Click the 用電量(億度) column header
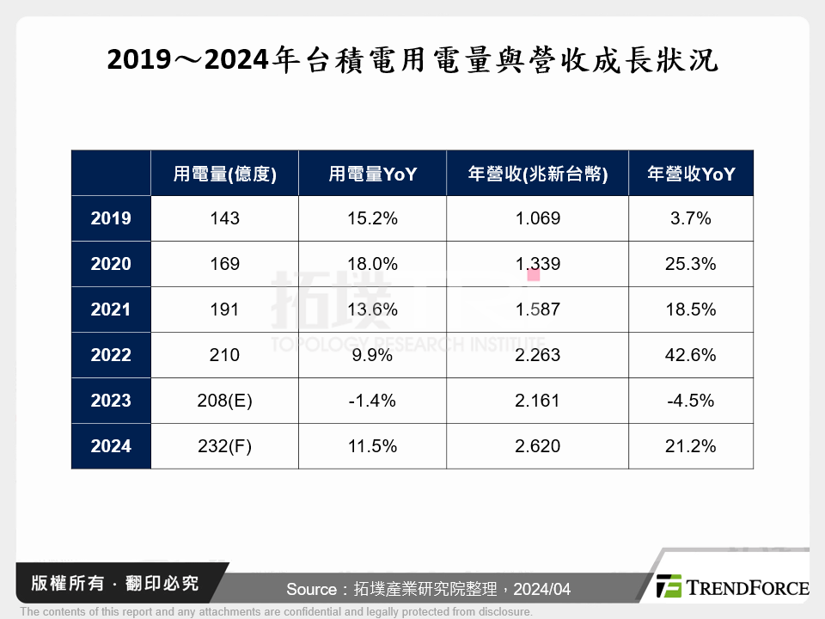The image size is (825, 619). click(224, 174)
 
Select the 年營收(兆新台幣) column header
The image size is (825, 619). click(537, 174)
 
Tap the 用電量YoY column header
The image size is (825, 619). click(372, 174)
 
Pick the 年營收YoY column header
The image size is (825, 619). click(690, 174)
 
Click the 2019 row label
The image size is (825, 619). click(111, 218)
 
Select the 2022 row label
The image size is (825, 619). click(111, 355)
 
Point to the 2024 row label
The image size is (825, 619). click(111, 446)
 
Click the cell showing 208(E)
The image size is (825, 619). click(224, 401)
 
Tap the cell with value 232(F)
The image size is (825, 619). click(224, 446)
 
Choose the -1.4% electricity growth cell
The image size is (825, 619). click(372, 401)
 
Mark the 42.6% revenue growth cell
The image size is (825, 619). click(690, 355)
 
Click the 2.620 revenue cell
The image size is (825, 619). click(537, 446)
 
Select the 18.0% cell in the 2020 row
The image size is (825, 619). click(372, 264)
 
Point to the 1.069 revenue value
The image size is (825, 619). click(537, 218)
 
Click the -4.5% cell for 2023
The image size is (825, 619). click(690, 401)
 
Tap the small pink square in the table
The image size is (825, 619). click(534, 275)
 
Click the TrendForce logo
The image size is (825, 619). click(731, 587)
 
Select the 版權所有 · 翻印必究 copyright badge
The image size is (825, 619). click(107, 584)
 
